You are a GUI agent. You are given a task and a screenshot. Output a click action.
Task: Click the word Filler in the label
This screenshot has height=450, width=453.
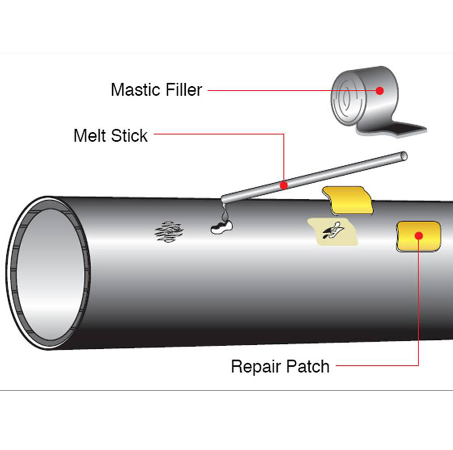pyautogui.click(x=181, y=89)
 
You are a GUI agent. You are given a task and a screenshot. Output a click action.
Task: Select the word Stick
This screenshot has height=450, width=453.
pyautogui.click(x=130, y=135)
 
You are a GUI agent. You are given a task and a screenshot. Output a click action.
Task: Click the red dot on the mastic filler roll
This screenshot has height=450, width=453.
pyautogui.click(x=380, y=91)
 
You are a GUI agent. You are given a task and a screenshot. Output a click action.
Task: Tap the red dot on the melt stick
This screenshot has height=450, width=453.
pyautogui.click(x=284, y=185)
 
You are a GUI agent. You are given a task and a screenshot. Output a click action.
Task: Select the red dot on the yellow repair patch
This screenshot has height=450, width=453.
pyautogui.click(x=419, y=235)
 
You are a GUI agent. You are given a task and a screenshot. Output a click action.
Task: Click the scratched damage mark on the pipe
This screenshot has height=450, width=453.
pyautogui.click(x=169, y=231)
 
